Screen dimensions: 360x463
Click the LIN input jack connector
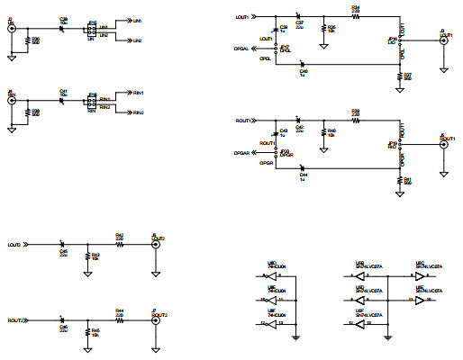[x=11, y=30]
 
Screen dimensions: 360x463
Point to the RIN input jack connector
[x=11, y=100]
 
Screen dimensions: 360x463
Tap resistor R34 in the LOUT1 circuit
[x=356, y=14]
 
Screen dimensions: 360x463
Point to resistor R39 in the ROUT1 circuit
[x=356, y=118]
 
